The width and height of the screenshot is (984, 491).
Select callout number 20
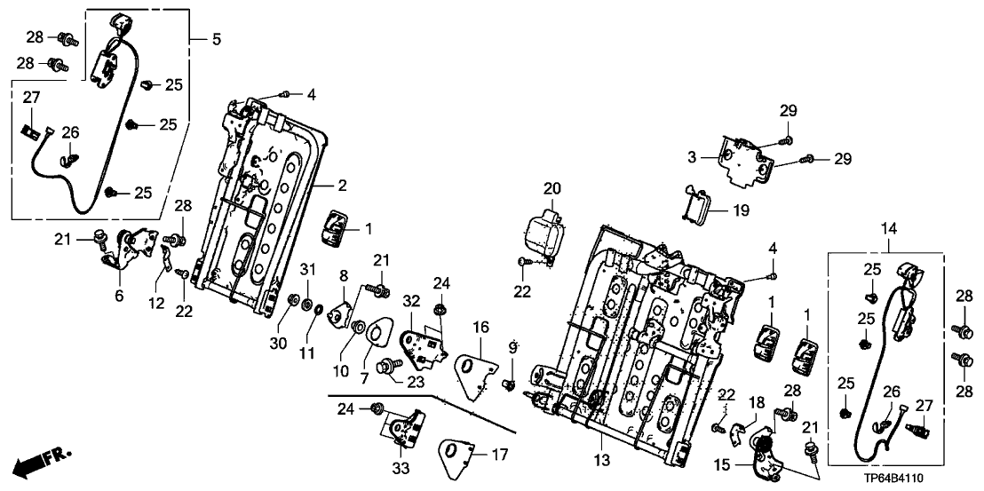coord(552,188)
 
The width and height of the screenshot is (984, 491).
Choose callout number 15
coord(722,464)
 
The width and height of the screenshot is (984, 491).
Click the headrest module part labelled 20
coord(542,233)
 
